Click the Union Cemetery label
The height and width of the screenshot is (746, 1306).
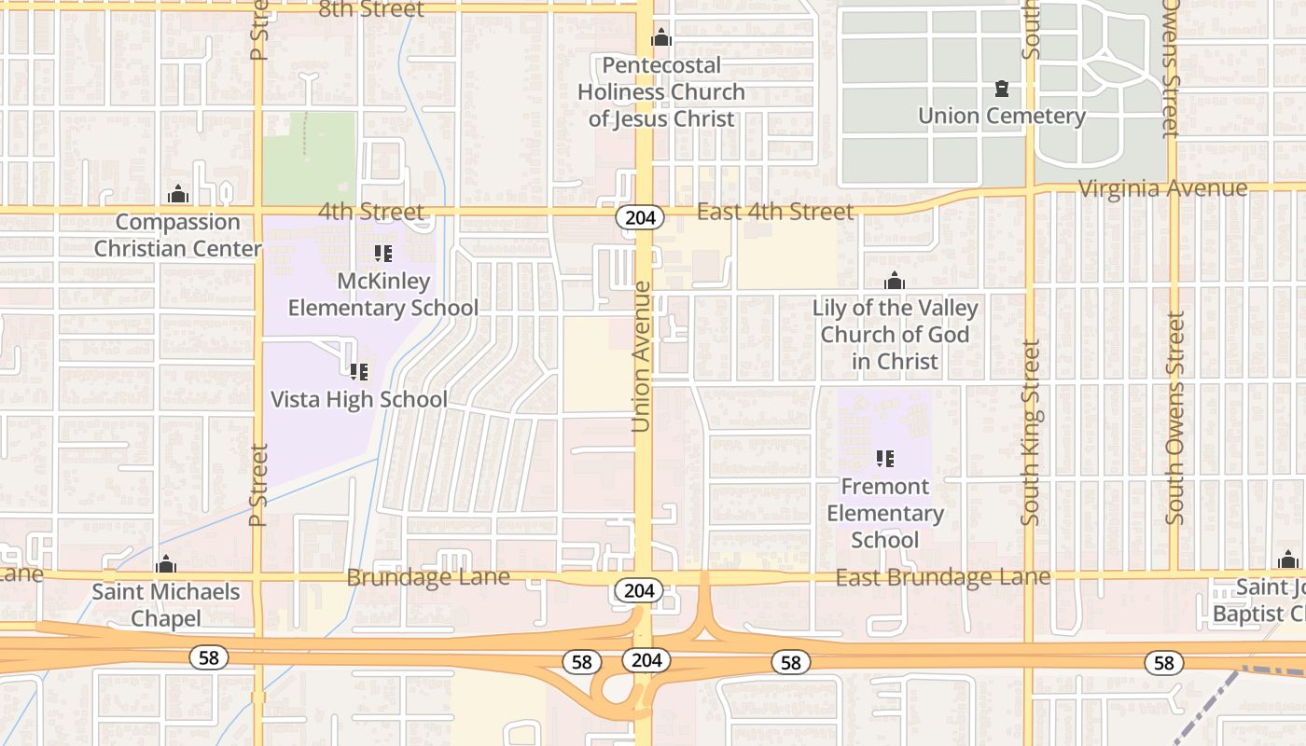1001,117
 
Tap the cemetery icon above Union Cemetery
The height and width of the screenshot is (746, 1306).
1002,90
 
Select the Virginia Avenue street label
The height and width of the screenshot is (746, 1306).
1162,188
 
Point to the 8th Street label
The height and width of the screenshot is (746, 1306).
371,9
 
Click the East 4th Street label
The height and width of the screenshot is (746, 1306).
774,212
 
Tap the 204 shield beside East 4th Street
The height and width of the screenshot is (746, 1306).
639,217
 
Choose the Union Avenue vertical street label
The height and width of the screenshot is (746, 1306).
641,357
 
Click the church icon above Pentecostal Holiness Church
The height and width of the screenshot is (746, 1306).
661,37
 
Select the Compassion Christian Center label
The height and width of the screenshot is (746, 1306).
177,235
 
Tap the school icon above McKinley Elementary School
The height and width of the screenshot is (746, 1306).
382,254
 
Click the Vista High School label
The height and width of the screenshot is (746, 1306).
359,399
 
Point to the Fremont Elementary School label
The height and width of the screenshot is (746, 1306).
885,513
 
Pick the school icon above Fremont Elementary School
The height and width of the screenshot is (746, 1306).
885,459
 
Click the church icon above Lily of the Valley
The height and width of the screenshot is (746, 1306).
895,281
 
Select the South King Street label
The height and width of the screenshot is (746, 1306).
1030,432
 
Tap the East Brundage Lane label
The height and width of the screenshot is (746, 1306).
942,577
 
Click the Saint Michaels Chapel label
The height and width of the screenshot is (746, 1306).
166,604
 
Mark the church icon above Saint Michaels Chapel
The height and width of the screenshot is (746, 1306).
166,565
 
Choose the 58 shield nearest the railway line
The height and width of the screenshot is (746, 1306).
1164,662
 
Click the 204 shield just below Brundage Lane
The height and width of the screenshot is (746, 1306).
639,590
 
